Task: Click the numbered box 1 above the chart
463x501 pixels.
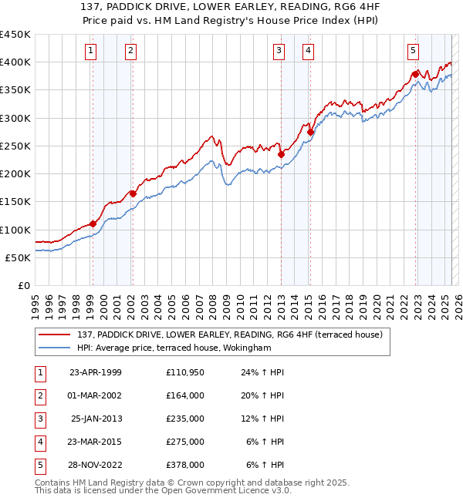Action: tap(91, 51)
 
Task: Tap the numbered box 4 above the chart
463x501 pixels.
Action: tap(308, 51)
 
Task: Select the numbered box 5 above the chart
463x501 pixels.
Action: tap(414, 51)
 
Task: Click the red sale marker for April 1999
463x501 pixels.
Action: tap(93, 224)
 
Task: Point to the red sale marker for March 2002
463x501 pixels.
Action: tap(133, 193)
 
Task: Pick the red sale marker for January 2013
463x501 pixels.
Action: tap(281, 154)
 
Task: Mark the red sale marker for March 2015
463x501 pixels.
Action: tap(310, 132)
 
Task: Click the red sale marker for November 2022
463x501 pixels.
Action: tap(415, 74)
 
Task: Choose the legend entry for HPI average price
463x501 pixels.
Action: tap(174, 348)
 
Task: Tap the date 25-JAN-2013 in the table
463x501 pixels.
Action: tap(96, 419)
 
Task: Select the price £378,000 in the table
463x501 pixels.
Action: tap(184, 465)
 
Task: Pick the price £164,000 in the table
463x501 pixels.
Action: tap(184, 395)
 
